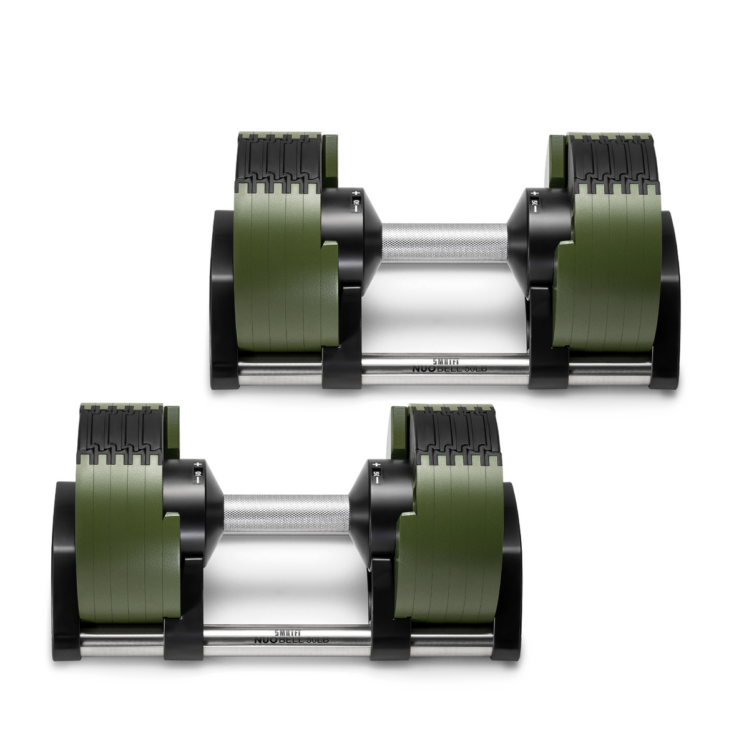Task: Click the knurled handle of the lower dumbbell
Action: tap(286, 514)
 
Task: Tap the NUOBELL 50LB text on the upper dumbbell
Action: tap(446, 369)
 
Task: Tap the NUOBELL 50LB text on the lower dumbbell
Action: tap(292, 640)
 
